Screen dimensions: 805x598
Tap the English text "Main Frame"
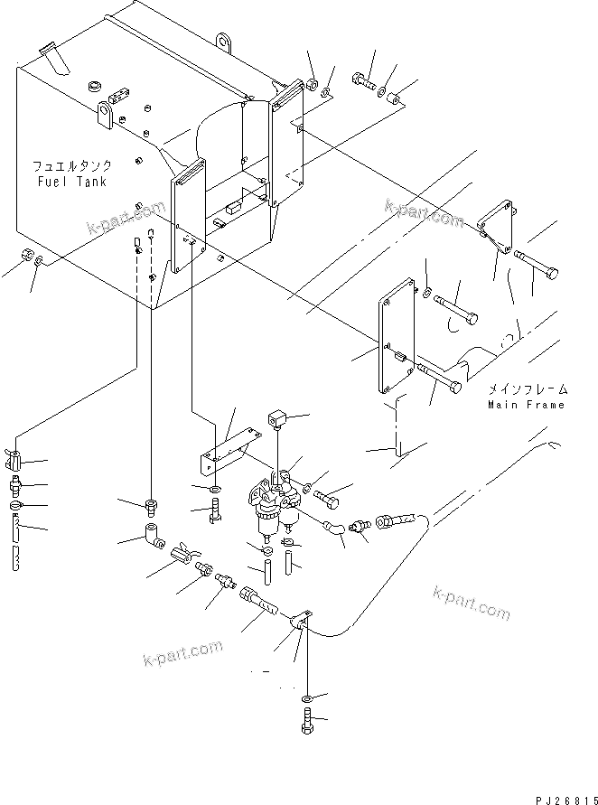point(527,405)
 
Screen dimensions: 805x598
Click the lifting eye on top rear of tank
point(223,40)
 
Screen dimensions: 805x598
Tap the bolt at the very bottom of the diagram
point(306,723)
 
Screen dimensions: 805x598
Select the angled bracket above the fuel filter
point(229,449)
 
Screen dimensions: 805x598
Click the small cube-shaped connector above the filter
point(276,419)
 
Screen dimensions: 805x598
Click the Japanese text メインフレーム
point(528,389)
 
